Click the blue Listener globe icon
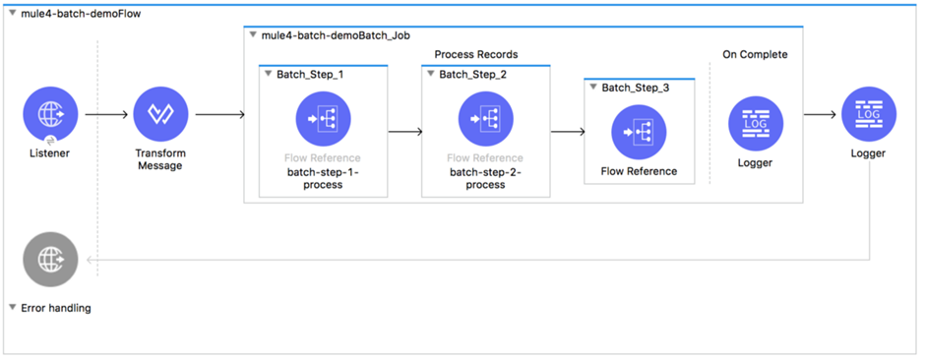pos(50,114)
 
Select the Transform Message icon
pos(160,114)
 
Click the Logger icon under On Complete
pos(755,125)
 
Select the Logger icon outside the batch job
pos(869,114)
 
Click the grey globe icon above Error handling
pos(50,260)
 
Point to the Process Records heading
pos(475,54)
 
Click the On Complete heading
pos(755,54)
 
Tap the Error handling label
pos(56,308)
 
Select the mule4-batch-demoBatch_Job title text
pos(334,35)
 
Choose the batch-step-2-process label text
pos(485,178)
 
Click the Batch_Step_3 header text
pos(636,88)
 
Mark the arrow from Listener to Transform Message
pos(106,114)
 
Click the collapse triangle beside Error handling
pos(12,308)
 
